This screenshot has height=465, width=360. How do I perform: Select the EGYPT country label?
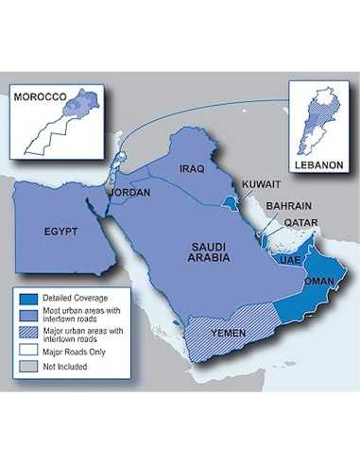[x=60, y=230]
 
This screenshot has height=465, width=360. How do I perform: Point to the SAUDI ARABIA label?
[x=203, y=250]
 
